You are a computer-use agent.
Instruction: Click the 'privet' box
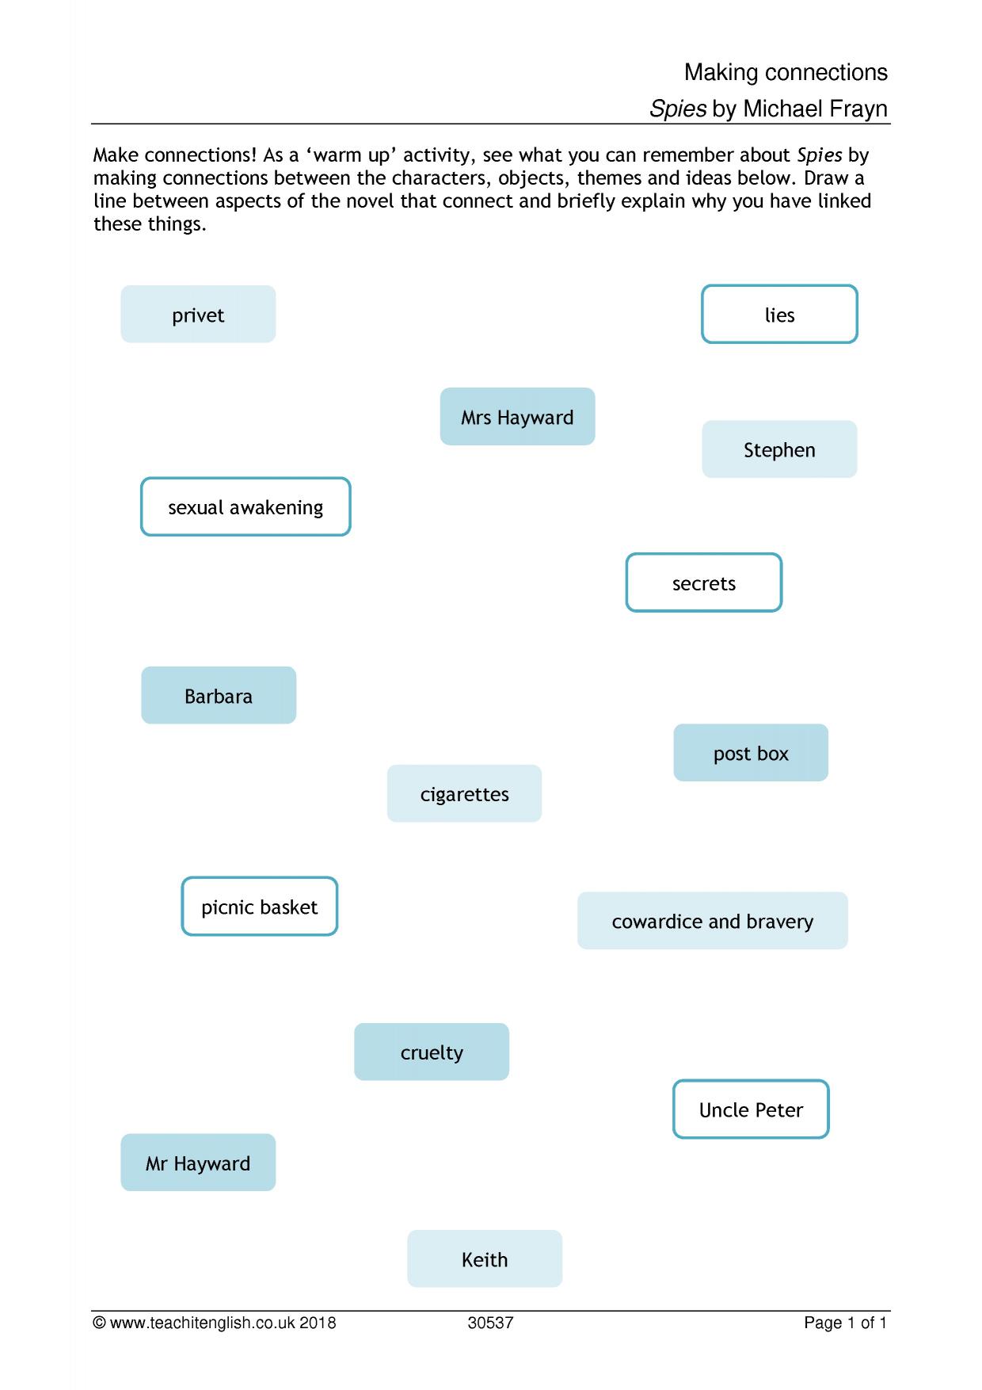(198, 315)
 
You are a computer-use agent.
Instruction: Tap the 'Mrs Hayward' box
(517, 417)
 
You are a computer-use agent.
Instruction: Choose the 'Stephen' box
(779, 449)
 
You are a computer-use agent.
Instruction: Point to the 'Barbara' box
(219, 696)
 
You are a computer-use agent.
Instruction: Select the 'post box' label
(751, 753)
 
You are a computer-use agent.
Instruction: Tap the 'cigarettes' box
(464, 794)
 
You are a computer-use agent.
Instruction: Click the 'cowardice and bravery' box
(713, 921)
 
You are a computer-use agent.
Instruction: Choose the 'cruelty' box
(432, 1052)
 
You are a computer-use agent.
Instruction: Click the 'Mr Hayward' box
(198, 1163)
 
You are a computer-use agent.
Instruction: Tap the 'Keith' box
(485, 1259)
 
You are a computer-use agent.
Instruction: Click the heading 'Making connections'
(786, 73)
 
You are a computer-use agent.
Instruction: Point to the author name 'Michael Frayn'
(815, 109)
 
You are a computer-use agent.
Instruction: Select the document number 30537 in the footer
(490, 1323)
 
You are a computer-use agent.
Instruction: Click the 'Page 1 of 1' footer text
(846, 1323)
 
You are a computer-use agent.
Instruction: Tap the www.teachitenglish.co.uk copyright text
(215, 1323)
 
